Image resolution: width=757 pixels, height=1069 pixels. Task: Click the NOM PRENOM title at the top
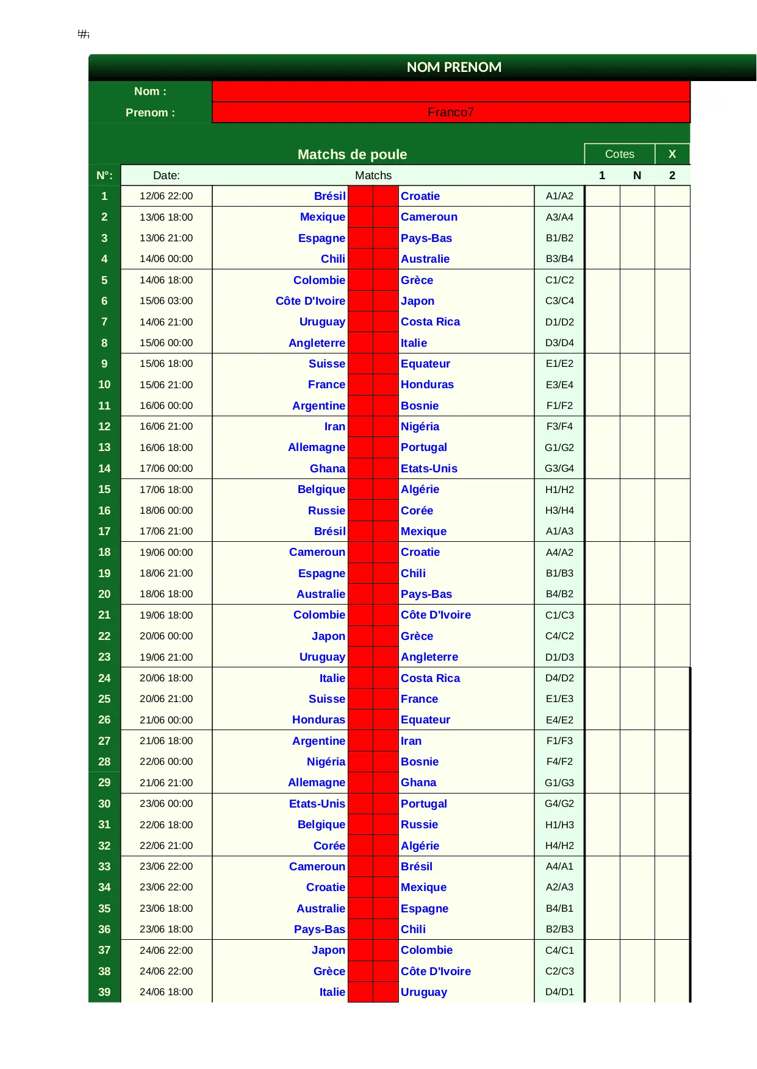pos(454,67)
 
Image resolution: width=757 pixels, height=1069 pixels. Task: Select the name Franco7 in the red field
pos(450,112)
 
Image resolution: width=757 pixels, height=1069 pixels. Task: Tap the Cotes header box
pos(619,154)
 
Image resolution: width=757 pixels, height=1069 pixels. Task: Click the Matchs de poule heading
pos(352,154)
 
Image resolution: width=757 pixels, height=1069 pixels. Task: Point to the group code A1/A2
pos(559,196)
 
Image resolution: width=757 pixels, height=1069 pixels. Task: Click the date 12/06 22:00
pos(166,196)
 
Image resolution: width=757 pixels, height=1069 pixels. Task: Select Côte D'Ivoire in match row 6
pos(310,301)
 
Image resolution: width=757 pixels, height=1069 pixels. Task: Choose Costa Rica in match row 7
pos(430,322)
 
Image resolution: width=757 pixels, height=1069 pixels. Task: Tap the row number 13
pos(104,447)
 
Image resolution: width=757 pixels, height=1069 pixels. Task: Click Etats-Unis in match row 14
pos(429,469)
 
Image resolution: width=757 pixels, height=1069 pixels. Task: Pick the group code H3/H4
pos(559,510)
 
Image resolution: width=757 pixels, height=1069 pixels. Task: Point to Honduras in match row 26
pos(318,720)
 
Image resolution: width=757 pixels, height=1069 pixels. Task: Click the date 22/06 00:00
pos(166,762)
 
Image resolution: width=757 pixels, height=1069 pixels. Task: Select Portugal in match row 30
pos(423,804)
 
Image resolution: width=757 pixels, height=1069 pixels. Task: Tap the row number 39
pos(104,992)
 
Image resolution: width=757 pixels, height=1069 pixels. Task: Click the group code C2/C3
pos(559,971)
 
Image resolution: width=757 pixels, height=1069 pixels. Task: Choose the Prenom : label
pos(150,113)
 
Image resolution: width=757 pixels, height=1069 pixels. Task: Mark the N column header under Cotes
pos(637,176)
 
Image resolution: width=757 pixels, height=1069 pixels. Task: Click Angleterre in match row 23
pos(429,657)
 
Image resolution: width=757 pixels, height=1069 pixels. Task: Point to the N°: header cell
pos(104,176)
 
